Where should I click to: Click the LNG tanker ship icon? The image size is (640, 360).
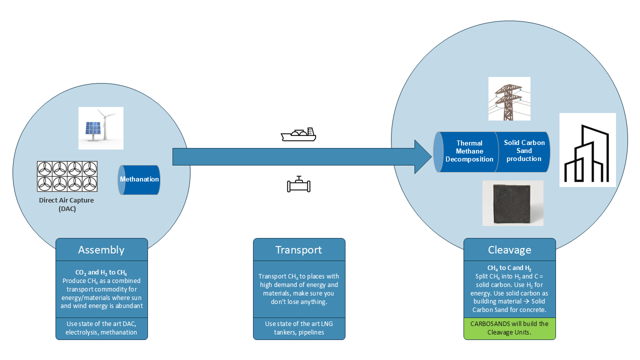298,134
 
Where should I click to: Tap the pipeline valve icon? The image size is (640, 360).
298,184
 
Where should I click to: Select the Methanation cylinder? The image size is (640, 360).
139,179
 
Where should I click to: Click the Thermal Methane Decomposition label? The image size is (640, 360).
469,151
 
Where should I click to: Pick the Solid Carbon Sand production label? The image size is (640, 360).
524,150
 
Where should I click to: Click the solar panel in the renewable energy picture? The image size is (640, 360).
93,128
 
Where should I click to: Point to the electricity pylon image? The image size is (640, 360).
509,98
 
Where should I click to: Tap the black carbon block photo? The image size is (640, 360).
513,203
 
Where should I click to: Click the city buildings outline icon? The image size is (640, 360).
587,153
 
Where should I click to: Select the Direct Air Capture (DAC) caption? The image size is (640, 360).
66,204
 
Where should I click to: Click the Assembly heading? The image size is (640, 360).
101,250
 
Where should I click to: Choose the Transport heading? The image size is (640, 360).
299,250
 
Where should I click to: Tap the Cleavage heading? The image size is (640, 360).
509,250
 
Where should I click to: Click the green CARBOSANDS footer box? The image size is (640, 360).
509,328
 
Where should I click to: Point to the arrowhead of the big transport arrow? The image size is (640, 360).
431,156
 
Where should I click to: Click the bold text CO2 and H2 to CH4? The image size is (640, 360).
101,272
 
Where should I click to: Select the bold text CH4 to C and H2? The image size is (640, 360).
509,268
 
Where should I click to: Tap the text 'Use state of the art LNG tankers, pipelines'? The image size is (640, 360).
299,328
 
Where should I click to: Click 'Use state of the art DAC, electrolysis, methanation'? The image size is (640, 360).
101,328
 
